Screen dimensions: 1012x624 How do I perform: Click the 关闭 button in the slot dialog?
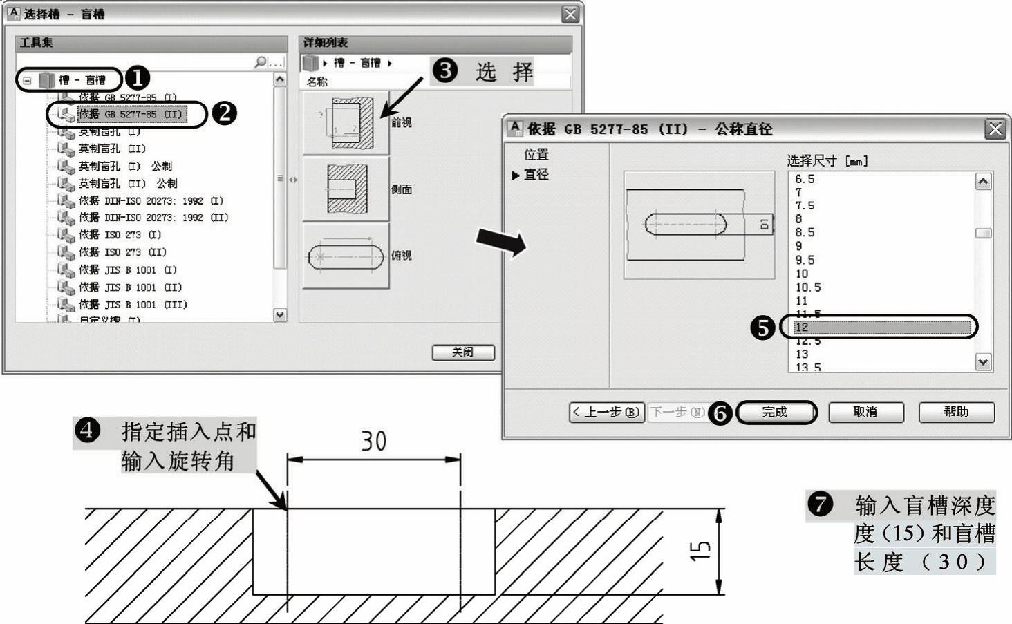463,352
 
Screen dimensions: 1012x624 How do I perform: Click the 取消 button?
865,412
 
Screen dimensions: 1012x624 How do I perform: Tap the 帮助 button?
956,412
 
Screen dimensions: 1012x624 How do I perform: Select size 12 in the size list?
878,327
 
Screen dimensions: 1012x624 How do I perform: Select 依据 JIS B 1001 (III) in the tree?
133,304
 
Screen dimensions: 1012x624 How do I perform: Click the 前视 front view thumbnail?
346,123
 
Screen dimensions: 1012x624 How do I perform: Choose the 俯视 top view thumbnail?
346,256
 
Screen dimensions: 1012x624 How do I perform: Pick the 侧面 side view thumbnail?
346,189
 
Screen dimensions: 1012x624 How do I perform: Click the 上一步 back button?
606,413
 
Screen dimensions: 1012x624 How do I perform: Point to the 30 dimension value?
374,442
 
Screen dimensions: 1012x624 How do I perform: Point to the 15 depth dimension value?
700,551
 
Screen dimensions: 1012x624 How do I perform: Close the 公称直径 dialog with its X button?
995,129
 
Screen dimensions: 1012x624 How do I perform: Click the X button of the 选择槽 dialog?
570,15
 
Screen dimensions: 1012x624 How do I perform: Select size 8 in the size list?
799,219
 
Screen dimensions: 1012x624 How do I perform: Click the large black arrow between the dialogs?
501,242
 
